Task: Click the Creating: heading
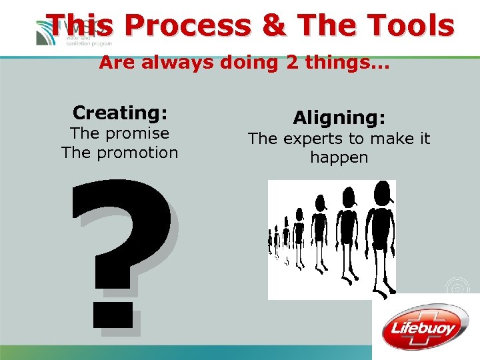(120, 113)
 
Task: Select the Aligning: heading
(339, 118)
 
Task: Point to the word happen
(339, 158)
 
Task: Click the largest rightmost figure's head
(382, 193)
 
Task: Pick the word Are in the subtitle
(115, 63)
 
